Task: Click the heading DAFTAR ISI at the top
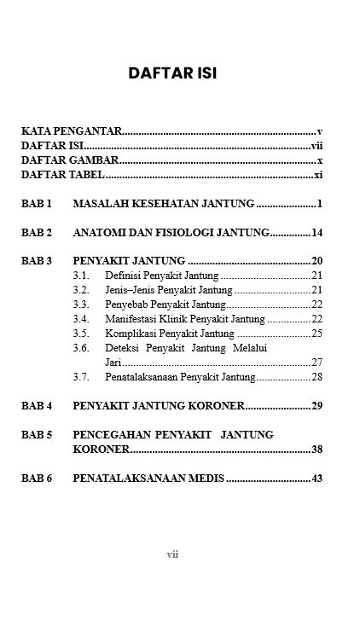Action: [x=172, y=73]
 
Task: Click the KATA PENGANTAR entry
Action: [x=72, y=131]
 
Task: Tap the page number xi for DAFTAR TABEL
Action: [x=318, y=175]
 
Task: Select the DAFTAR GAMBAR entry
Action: [x=69, y=160]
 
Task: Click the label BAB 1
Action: [x=37, y=205]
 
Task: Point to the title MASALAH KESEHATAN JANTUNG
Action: [x=164, y=205]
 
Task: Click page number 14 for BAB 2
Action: [x=316, y=233]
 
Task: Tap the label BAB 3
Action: [x=37, y=261]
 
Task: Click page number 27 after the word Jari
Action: [x=316, y=362]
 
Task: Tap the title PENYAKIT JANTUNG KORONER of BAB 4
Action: [x=160, y=405]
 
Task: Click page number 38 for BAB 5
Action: [x=316, y=449]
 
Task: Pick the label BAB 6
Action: [x=37, y=479]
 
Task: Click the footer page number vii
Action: [x=172, y=554]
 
